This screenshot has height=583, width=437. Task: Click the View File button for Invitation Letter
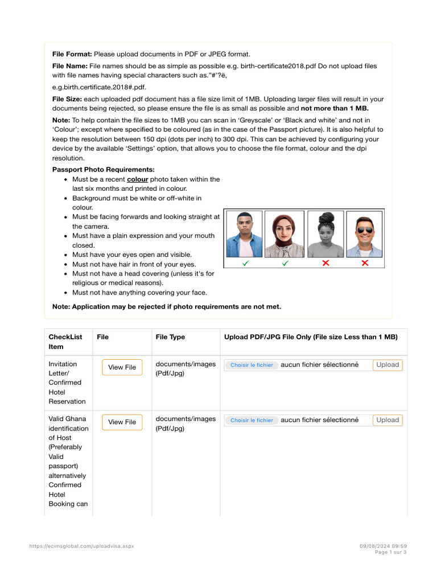(x=122, y=367)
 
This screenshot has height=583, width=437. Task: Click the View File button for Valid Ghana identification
(x=122, y=422)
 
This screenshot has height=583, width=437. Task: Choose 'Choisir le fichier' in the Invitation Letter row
(x=252, y=365)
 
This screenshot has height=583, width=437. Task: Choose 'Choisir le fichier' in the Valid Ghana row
(x=252, y=420)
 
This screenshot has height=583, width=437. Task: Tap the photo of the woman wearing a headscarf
(x=285, y=234)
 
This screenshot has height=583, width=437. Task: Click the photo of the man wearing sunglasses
(x=365, y=234)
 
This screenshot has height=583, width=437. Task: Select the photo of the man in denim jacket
(x=245, y=234)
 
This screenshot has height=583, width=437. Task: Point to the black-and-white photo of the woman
(x=325, y=234)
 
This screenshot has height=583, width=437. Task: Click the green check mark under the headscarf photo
(x=285, y=263)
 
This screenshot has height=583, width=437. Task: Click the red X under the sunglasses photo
(x=365, y=263)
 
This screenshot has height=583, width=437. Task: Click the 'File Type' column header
(x=170, y=337)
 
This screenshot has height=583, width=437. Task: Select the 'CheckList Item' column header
(x=65, y=342)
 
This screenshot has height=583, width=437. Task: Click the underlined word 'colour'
(x=137, y=179)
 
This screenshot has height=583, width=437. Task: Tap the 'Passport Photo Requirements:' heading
(x=103, y=170)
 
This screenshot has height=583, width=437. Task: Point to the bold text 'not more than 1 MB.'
(x=335, y=108)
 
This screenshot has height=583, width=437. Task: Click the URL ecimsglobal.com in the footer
(x=82, y=546)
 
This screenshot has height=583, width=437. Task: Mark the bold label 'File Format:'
(x=72, y=54)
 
